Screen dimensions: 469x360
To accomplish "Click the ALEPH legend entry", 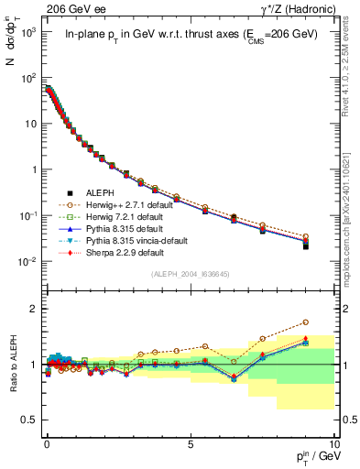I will (x=101, y=193).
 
